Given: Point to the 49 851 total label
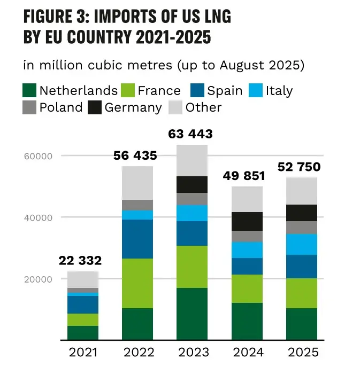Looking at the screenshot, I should (247, 176).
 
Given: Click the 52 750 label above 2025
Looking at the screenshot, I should (299, 167).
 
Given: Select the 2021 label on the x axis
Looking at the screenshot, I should (83, 353).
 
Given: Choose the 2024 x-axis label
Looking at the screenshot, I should (247, 353).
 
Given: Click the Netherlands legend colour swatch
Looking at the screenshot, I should (30, 90).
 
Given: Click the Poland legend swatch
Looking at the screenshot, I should (30, 107).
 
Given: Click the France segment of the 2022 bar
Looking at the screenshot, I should (137, 283).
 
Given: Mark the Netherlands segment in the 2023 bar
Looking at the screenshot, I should (192, 314).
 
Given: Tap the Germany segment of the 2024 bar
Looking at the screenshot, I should (247, 221).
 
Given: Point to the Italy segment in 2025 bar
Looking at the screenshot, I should (302, 244).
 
